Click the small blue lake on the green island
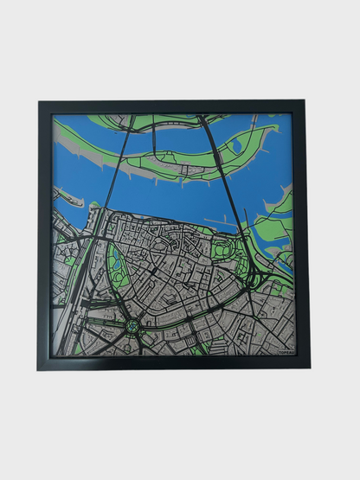pos(236,146)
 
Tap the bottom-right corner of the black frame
pos(307,368)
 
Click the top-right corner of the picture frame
pos(305,102)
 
